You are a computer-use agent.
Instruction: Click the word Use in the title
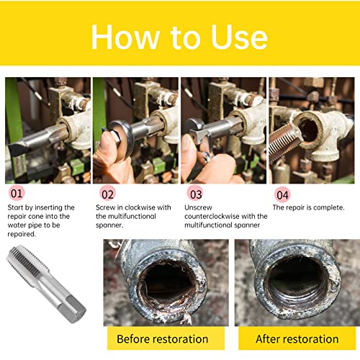(239, 37)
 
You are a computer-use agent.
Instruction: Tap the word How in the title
(126, 37)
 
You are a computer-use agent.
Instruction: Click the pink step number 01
(17, 194)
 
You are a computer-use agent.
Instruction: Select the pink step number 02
(107, 194)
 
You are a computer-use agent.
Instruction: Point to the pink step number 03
(195, 194)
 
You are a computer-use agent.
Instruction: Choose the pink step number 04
(282, 194)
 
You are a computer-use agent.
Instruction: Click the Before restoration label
(163, 339)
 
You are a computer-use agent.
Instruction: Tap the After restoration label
(297, 339)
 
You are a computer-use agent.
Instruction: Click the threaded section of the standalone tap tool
(27, 264)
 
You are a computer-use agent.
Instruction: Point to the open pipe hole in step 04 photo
(309, 130)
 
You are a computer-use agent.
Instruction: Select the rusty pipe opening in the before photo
(167, 284)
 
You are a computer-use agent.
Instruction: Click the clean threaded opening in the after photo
(297, 282)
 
